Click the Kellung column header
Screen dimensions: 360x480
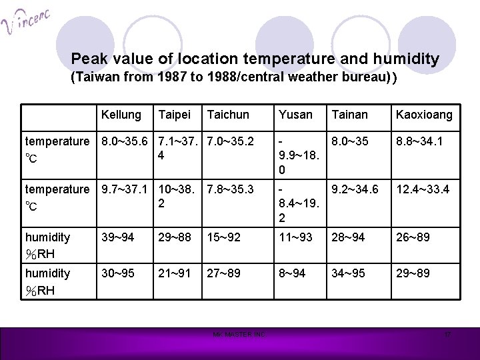coord(121,115)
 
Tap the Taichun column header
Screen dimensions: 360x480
coord(228,115)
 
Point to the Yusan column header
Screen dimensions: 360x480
coord(295,115)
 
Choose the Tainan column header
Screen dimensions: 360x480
coord(349,115)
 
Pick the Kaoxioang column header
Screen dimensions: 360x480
coord(423,115)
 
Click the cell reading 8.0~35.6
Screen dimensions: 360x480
coord(125,141)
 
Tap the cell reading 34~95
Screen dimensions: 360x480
coord(347,273)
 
